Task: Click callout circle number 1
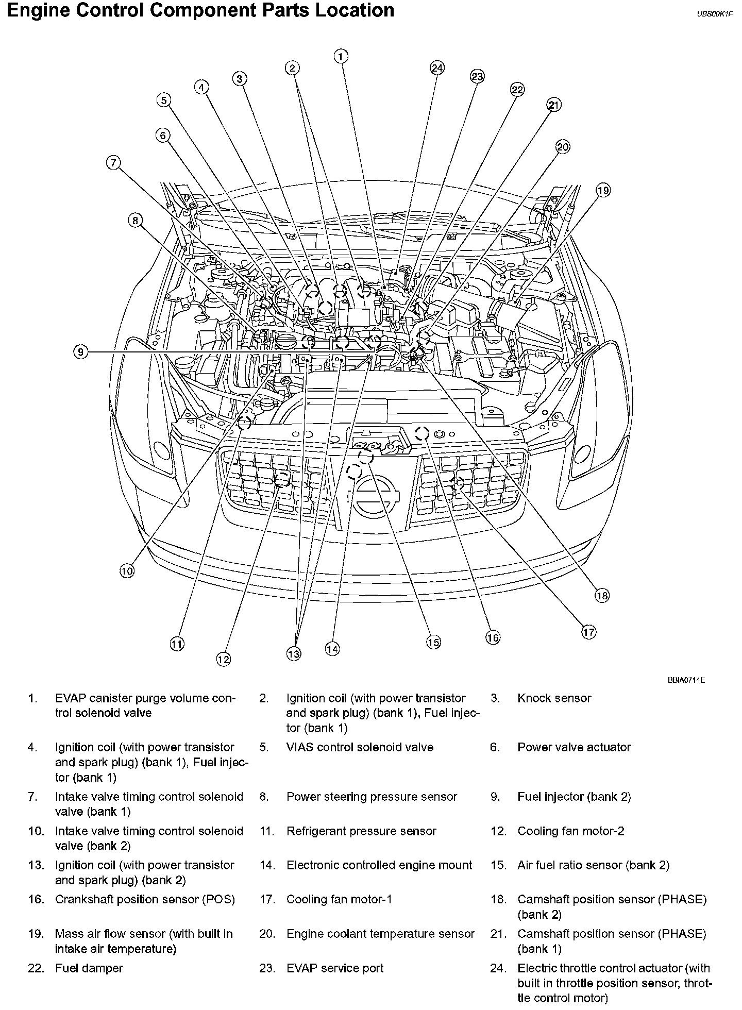tap(341, 56)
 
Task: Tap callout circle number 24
tap(437, 68)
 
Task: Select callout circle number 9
tap(80, 352)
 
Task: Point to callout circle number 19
tap(603, 190)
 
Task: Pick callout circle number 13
tap(293, 654)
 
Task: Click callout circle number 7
tap(113, 163)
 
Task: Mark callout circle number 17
tap(588, 632)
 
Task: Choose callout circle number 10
tap(127, 570)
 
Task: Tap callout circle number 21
tap(553, 105)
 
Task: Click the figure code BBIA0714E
tap(686, 680)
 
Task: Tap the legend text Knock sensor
tap(554, 698)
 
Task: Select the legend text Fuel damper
tap(89, 968)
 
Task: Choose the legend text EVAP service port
tap(335, 968)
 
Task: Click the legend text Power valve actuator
tap(574, 747)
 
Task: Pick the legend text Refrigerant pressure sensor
tap(361, 831)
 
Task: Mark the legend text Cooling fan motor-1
tap(339, 899)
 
